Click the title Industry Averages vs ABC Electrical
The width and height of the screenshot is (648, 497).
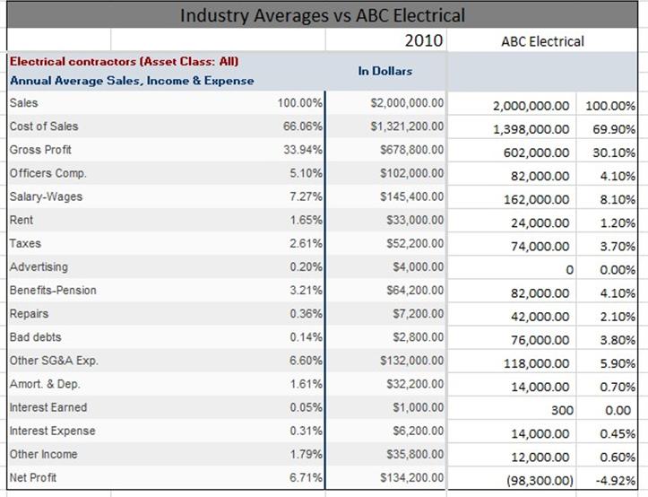click(323, 16)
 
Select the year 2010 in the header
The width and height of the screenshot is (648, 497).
click(424, 40)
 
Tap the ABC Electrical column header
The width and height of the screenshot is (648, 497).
click(542, 41)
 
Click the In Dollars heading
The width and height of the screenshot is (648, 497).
click(385, 71)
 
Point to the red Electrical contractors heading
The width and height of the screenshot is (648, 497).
click(124, 62)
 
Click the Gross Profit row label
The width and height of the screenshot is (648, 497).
click(40, 150)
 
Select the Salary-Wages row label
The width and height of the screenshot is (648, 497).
click(46, 196)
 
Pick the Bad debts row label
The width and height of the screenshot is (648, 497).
click(36, 336)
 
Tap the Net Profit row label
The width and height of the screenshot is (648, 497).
click(33, 477)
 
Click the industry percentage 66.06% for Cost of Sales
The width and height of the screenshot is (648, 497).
click(303, 126)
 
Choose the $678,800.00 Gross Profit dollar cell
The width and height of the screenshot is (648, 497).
click(412, 150)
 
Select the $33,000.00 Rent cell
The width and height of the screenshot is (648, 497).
click(415, 220)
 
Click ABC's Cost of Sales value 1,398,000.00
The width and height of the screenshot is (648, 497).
click(531, 129)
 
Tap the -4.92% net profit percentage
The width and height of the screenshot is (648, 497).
click(616, 481)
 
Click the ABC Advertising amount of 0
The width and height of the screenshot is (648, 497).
click(569, 270)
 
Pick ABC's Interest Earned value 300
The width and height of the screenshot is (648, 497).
click(563, 410)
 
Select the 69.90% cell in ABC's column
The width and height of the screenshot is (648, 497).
click(614, 129)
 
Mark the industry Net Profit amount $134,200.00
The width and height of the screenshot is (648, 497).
click(412, 477)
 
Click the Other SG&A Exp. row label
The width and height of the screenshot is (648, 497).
click(54, 361)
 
